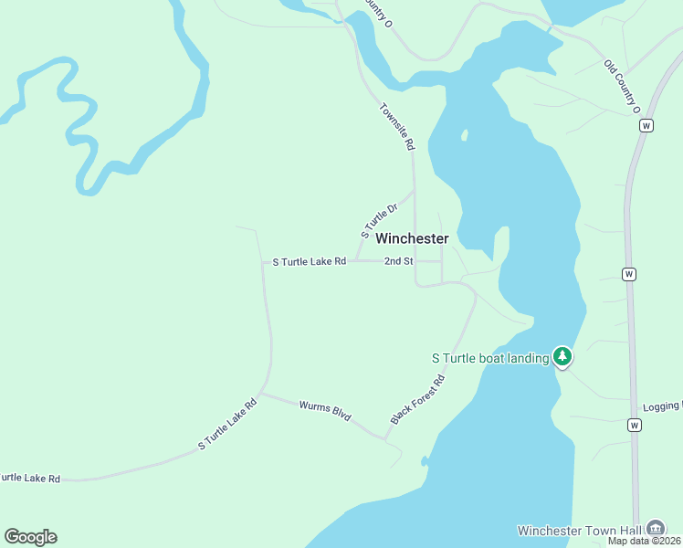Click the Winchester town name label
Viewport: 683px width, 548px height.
click(412, 238)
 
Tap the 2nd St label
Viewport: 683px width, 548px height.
click(399, 261)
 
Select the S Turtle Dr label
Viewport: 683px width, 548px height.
click(380, 221)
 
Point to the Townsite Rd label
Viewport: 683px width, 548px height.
click(397, 126)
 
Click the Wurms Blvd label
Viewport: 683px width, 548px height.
click(325, 411)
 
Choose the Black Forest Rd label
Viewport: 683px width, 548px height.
click(417, 399)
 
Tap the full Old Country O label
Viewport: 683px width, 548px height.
click(623, 88)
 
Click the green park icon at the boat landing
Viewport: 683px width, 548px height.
click(563, 356)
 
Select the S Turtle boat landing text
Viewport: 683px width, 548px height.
click(490, 358)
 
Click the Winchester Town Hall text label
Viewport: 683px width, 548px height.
click(579, 530)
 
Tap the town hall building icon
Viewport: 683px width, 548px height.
click(655, 528)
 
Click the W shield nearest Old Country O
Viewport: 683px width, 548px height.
click(646, 125)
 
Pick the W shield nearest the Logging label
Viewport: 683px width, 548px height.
click(634, 425)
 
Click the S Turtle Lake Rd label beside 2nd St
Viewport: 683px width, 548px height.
click(310, 261)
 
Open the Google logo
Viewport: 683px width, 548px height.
click(30, 537)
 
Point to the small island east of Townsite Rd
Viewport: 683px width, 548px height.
click(465, 135)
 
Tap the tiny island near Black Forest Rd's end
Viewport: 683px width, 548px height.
click(425, 460)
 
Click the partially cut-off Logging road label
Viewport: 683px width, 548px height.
click(662, 406)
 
